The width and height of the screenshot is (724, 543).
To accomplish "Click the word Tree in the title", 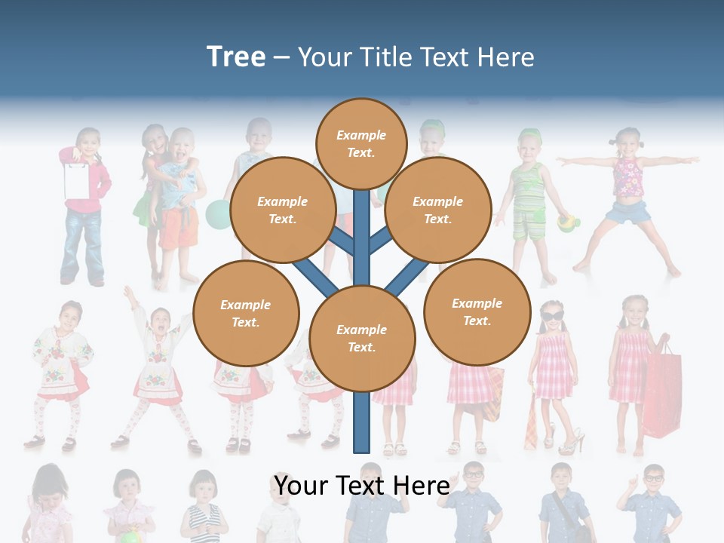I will click(x=236, y=57).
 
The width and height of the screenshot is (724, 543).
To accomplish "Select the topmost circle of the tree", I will click(x=361, y=143).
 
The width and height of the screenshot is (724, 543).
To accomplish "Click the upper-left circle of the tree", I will click(x=283, y=210).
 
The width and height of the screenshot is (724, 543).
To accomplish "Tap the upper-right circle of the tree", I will click(x=438, y=210).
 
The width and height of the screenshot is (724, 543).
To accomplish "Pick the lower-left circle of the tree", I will click(x=246, y=313).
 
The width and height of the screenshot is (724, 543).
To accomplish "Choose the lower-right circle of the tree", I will click(x=477, y=311).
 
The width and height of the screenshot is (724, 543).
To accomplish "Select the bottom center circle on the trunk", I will click(x=362, y=338).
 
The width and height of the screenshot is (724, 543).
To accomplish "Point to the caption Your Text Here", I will click(x=362, y=485).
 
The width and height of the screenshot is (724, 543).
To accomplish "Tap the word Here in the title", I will click(x=508, y=57).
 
